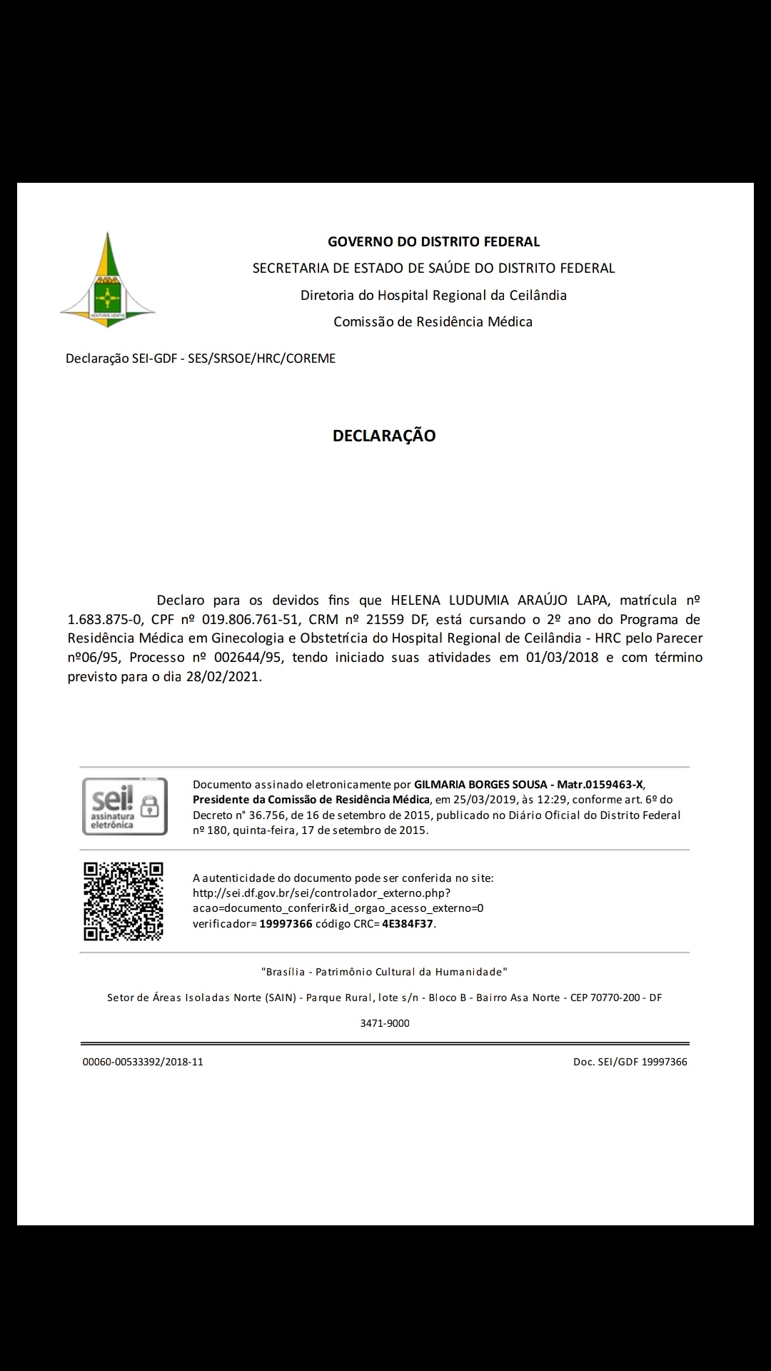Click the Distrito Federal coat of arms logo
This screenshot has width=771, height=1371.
pos(107,281)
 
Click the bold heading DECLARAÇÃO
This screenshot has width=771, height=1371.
pos(384,436)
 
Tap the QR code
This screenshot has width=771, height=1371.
pos(124,901)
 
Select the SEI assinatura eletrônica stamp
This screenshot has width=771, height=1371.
pos(125,807)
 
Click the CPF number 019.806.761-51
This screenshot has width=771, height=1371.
pos(250,620)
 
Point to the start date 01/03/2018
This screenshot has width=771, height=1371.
pos(562,658)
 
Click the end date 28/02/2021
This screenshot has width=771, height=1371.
pos(223,677)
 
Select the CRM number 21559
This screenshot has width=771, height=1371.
pos(385,620)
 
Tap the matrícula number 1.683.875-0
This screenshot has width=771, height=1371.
pos(105,620)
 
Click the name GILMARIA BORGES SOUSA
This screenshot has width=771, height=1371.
pos(480,785)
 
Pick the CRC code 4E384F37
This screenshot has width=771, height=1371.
pos(408,924)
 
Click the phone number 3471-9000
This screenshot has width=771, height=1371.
pos(385,1023)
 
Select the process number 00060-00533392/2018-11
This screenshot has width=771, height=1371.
pos(143,1062)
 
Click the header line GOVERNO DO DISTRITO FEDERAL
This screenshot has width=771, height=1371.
pos(433,242)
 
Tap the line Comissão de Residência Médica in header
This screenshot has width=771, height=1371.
pos(433,322)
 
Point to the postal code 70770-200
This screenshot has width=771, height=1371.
pos(615,998)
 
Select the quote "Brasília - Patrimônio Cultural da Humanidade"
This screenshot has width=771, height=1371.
pos(384,972)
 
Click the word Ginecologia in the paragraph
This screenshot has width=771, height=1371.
pos(248,638)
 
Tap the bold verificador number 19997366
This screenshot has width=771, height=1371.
pos(286,924)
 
